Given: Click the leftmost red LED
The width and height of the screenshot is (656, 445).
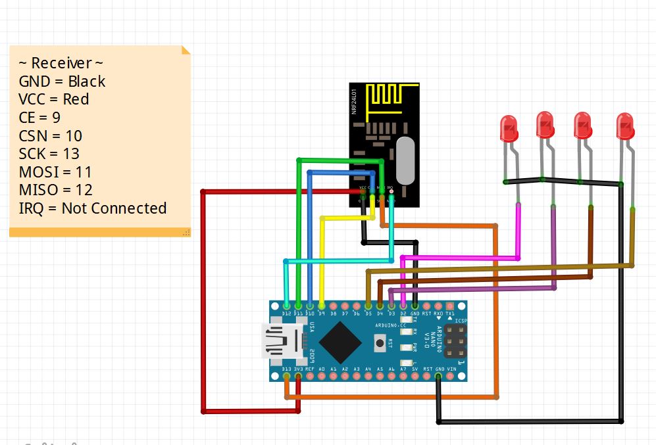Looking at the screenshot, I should click(x=508, y=128).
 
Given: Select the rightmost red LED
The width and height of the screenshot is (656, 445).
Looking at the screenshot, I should click(x=624, y=126).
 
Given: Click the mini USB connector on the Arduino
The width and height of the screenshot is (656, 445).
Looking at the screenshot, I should click(x=281, y=341).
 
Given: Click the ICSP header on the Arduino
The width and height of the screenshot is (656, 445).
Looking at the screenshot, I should click(x=455, y=341).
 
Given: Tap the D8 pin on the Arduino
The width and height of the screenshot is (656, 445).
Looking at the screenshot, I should click(x=334, y=306).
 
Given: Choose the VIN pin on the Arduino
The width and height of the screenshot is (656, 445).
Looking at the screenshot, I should click(x=451, y=377).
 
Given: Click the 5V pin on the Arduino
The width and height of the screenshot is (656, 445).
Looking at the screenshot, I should click(x=415, y=377).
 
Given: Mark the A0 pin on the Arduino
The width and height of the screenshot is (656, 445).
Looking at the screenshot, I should click(x=322, y=377).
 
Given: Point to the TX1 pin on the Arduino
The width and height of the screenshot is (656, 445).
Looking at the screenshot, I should click(x=451, y=306).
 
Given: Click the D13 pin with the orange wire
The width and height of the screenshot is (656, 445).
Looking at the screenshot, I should click(x=286, y=377).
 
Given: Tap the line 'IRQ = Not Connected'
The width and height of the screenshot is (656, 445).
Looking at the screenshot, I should click(x=92, y=208).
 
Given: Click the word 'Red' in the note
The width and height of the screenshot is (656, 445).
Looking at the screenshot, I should click(x=76, y=99).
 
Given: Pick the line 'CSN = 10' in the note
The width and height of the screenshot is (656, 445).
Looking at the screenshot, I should click(x=51, y=135).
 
